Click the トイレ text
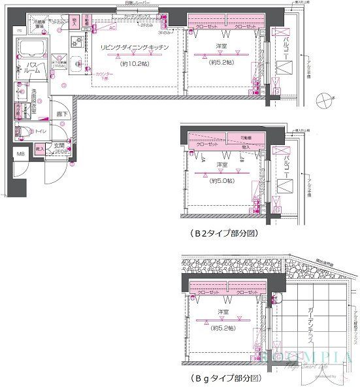(x=39, y=131)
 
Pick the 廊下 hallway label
(x=61, y=114)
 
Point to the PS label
(x=19, y=31)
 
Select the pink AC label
(x=112, y=28)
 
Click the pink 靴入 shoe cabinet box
(x=41, y=150)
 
